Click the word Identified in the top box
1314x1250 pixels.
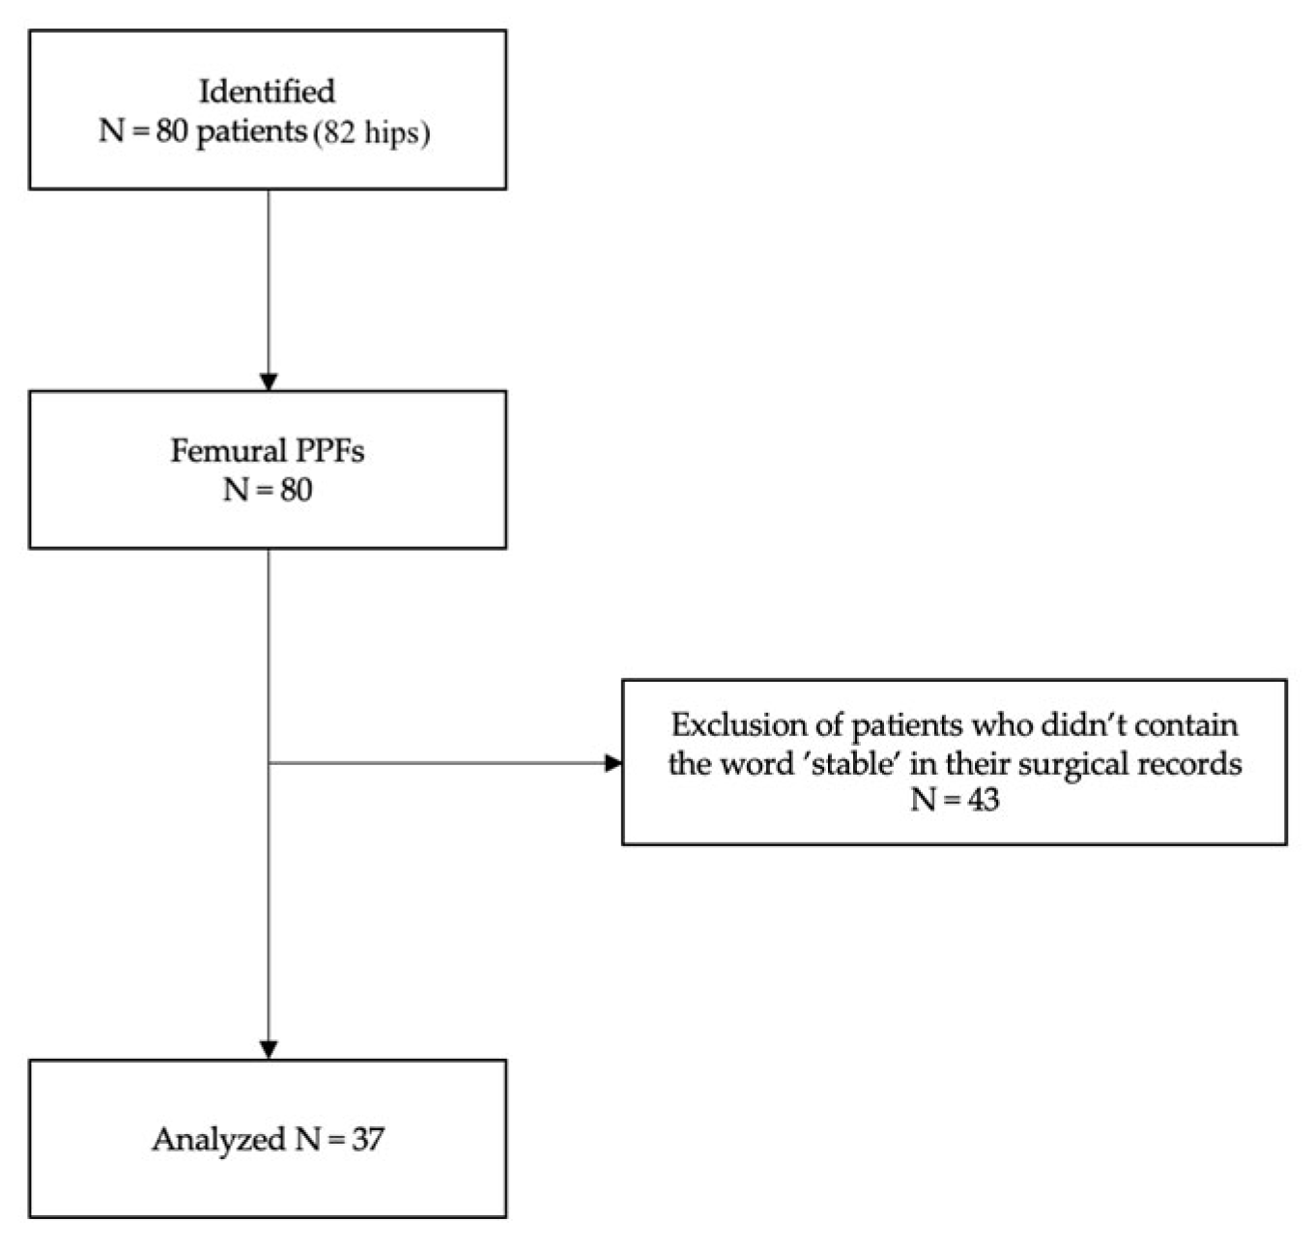[267, 91]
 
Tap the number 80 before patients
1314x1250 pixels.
[172, 130]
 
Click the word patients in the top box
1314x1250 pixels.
[251, 131]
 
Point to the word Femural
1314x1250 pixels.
[228, 451]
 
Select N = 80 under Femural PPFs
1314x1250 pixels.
[268, 490]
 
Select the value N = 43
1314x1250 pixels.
[954, 800]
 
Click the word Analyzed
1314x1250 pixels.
[218, 1139]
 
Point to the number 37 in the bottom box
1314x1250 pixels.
[368, 1139]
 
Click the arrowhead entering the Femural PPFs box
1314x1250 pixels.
[269, 382]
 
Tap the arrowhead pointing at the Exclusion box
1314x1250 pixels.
[613, 763]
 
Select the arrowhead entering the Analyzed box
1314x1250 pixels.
[269, 1050]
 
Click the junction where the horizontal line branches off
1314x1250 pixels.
[269, 763]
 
